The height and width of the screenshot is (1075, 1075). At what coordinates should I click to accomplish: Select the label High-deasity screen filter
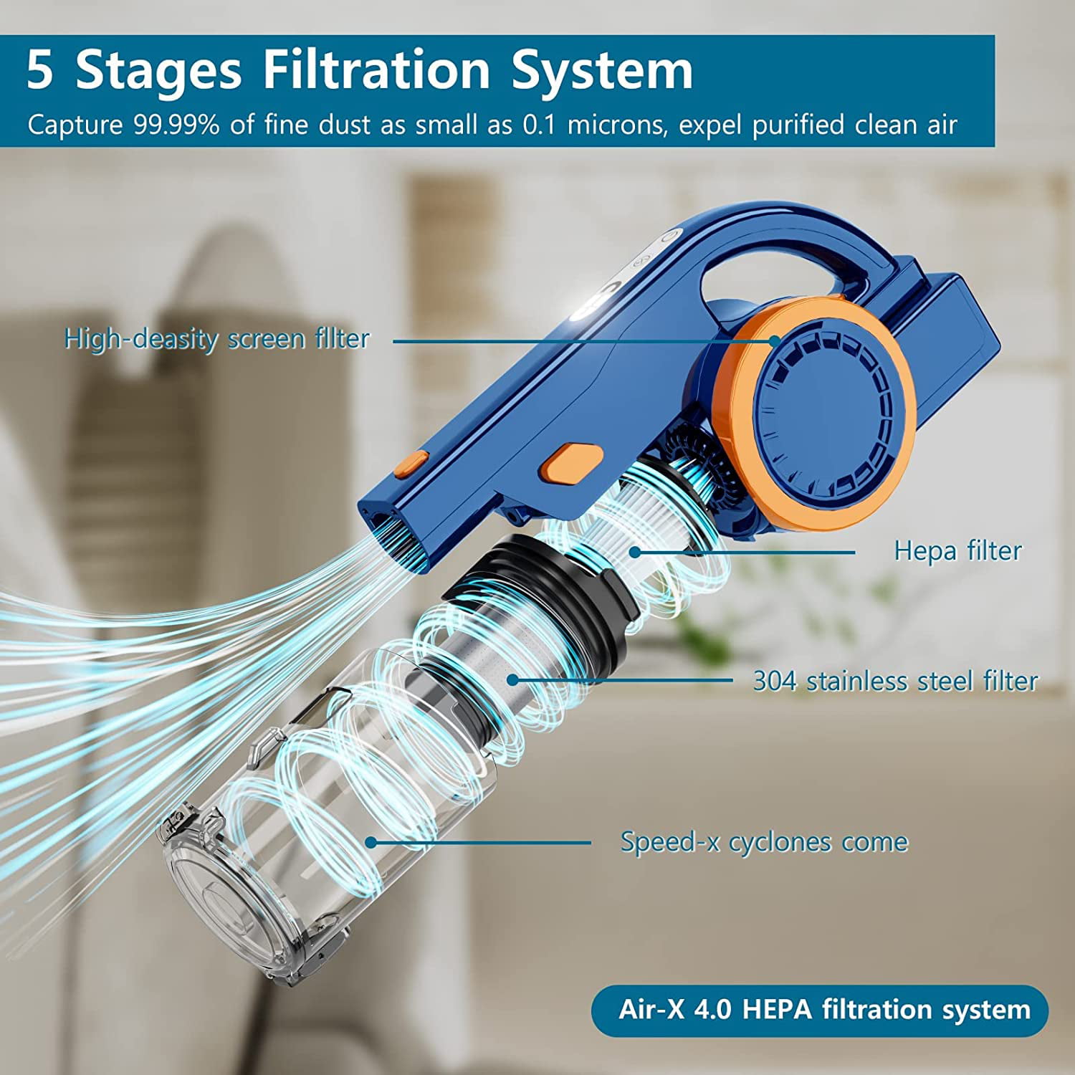point(217,338)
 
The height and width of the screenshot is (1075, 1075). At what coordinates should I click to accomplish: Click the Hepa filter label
point(957,550)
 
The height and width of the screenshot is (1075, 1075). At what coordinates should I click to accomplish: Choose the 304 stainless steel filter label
point(895,681)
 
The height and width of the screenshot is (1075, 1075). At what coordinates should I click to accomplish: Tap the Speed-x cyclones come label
point(764,841)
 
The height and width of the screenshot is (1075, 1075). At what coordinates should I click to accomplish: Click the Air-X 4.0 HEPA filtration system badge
point(820,1010)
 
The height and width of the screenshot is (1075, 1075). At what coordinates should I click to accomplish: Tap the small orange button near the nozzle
point(411,464)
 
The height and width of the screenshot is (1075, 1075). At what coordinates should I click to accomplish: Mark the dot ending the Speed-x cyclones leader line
point(371,842)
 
